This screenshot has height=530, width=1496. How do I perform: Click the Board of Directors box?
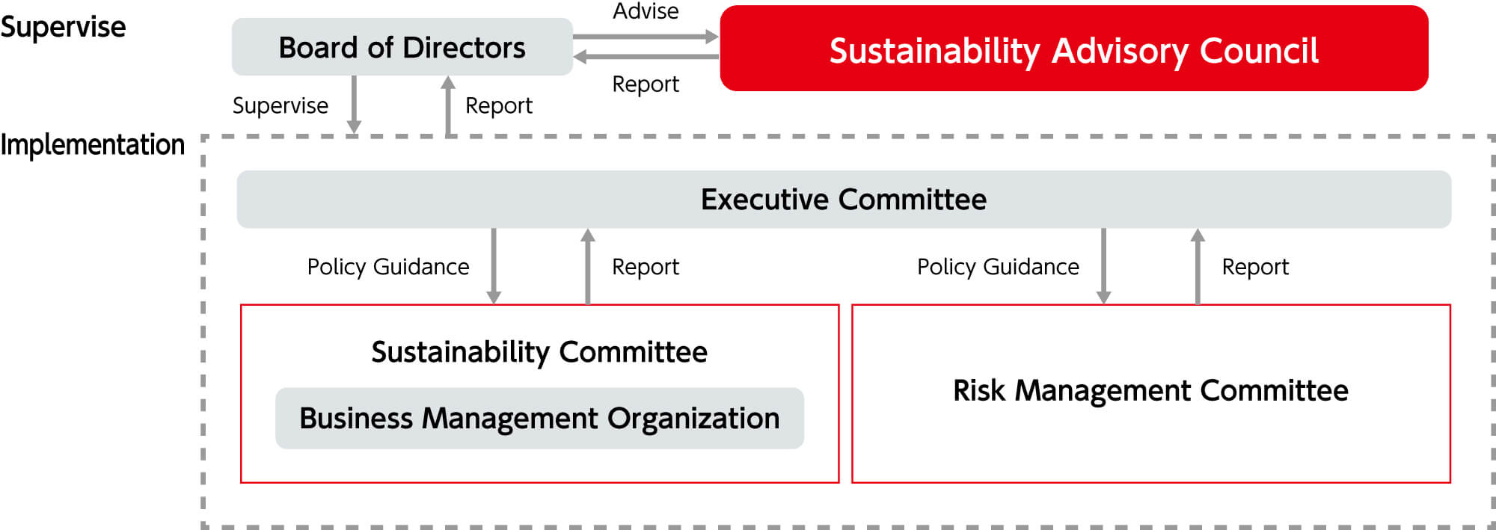tap(402, 47)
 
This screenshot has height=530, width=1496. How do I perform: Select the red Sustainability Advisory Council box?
tap(1074, 49)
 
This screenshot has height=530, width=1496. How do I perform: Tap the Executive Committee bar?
tap(844, 200)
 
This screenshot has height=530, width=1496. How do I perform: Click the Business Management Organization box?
tap(539, 419)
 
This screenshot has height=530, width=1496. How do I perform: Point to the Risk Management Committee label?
tap(1150, 391)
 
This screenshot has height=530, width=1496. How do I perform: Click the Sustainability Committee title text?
tap(539, 352)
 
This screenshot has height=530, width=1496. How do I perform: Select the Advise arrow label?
tap(646, 11)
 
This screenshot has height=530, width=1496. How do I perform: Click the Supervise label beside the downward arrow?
tap(280, 105)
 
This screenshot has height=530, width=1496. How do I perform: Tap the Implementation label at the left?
tap(92, 144)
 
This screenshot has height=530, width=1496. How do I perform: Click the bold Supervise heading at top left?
tap(63, 27)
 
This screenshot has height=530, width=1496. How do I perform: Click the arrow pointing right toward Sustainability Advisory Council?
tap(646, 36)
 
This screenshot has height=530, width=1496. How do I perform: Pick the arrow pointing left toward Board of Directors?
tap(646, 57)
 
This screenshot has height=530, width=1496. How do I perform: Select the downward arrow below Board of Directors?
tap(354, 105)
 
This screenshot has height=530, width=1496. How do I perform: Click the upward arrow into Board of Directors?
tap(448, 106)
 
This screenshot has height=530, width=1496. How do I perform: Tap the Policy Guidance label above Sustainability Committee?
tap(388, 267)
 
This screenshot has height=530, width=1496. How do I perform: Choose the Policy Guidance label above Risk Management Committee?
tap(998, 267)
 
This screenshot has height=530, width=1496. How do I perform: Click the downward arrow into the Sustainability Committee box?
tap(494, 266)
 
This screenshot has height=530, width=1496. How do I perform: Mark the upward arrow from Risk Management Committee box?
tap(1198, 266)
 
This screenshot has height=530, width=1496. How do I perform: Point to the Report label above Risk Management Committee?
tap(1255, 267)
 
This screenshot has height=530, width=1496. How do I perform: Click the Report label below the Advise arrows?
tap(646, 84)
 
